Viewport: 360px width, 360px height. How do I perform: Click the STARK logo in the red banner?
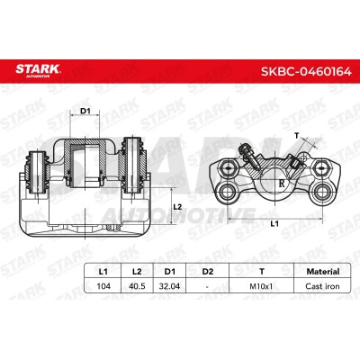tap(38, 70)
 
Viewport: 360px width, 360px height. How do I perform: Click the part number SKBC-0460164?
tap(306, 72)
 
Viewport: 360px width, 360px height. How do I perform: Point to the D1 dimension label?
tap(85, 111)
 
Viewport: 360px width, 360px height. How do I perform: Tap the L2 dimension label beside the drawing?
tap(178, 207)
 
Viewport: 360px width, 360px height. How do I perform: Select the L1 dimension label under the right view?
tap(274, 223)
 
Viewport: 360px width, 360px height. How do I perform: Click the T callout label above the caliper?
tap(297, 136)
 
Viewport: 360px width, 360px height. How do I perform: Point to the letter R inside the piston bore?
tap(282, 184)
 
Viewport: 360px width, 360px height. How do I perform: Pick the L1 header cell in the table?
tap(103, 272)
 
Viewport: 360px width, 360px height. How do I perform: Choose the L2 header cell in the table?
tap(137, 272)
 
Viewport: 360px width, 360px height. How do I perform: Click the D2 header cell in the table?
tap(208, 272)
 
